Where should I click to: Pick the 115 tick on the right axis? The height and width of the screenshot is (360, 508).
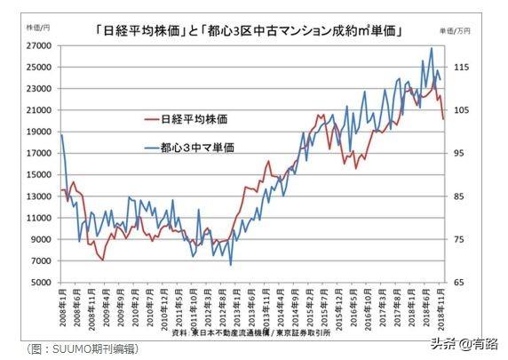[460, 68]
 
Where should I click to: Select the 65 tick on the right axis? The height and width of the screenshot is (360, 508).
[458, 283]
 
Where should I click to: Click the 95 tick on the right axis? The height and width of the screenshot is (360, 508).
[458, 154]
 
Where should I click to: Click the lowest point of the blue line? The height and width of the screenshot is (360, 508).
[231, 265]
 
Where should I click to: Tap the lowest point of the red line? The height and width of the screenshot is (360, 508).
[103, 260]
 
